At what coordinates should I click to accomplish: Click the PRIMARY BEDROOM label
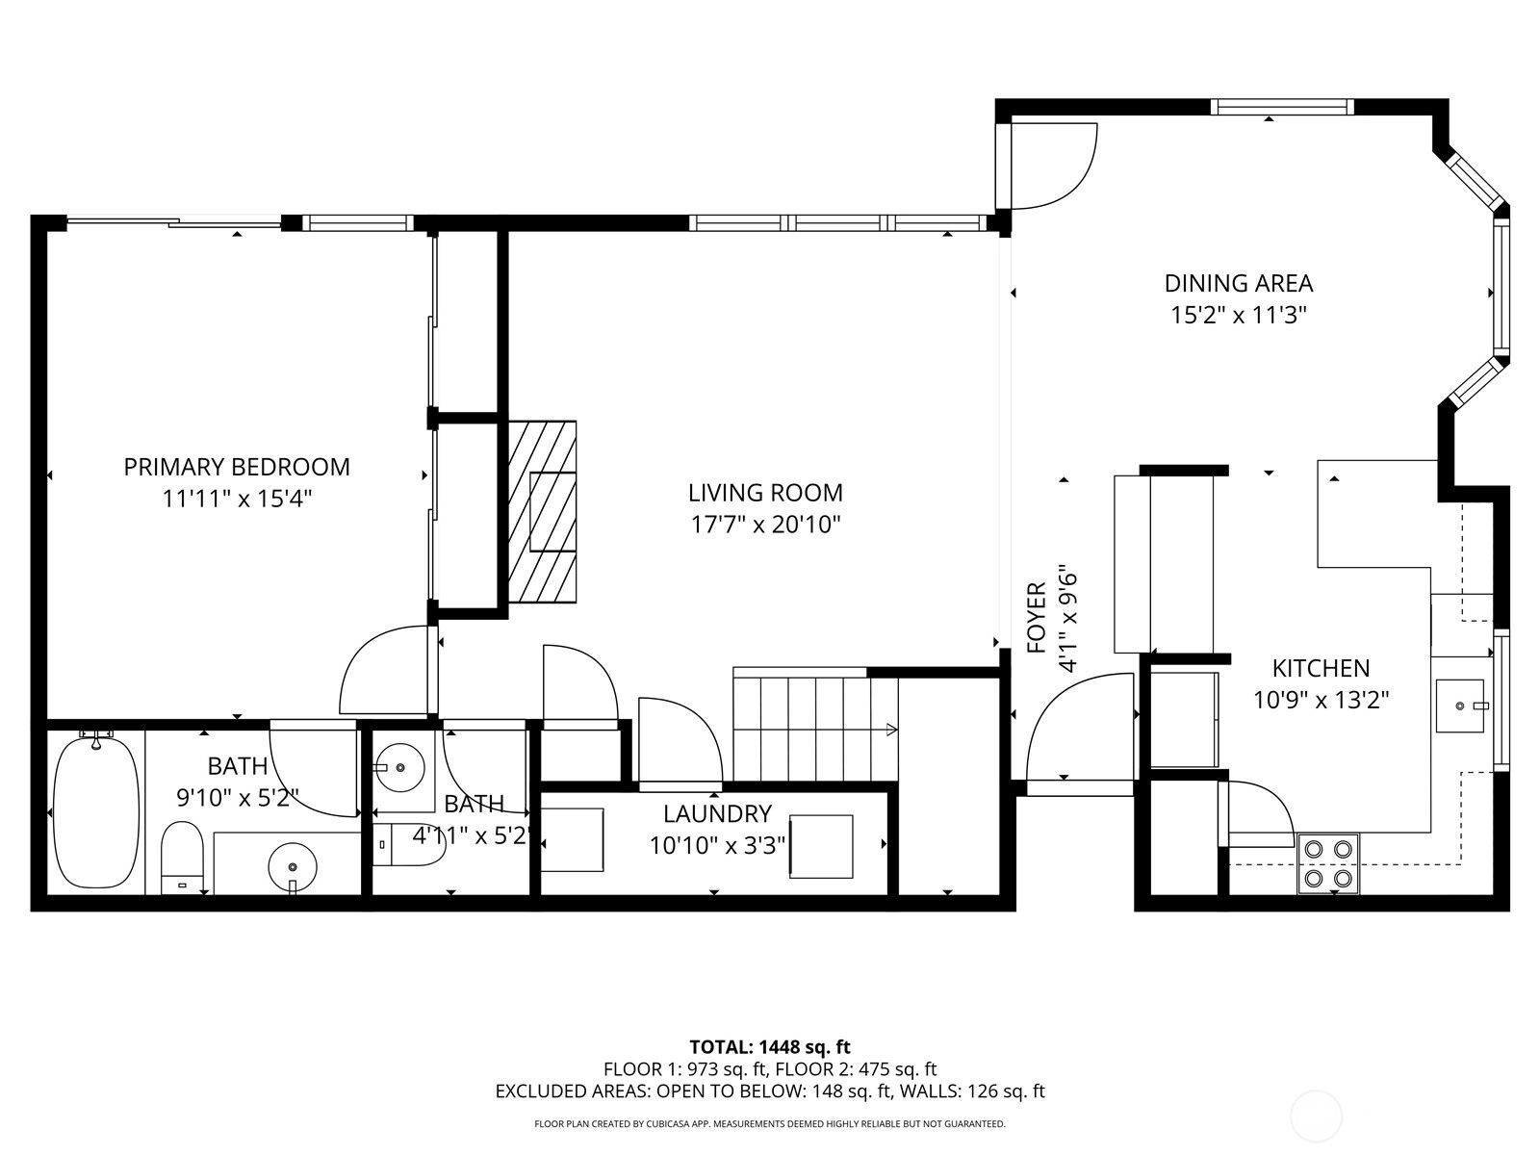[237, 467]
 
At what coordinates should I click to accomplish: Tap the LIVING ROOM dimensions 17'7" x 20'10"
[765, 525]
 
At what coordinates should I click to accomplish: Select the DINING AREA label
[1239, 283]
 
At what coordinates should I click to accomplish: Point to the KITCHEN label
[1322, 668]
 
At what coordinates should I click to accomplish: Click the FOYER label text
[1037, 618]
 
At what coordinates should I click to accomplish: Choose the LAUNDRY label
[717, 813]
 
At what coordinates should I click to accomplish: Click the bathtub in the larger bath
[96, 811]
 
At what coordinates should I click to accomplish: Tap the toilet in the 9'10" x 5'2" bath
[182, 858]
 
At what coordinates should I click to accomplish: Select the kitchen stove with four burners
[1328, 863]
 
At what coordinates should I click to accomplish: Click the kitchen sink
[1460, 706]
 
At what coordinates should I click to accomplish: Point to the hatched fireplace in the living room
[542, 511]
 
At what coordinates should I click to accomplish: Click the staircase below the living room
[815, 724]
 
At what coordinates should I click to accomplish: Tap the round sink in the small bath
[399, 768]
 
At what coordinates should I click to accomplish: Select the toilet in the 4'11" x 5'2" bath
[409, 845]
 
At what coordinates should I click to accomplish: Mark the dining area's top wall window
[1282, 107]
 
